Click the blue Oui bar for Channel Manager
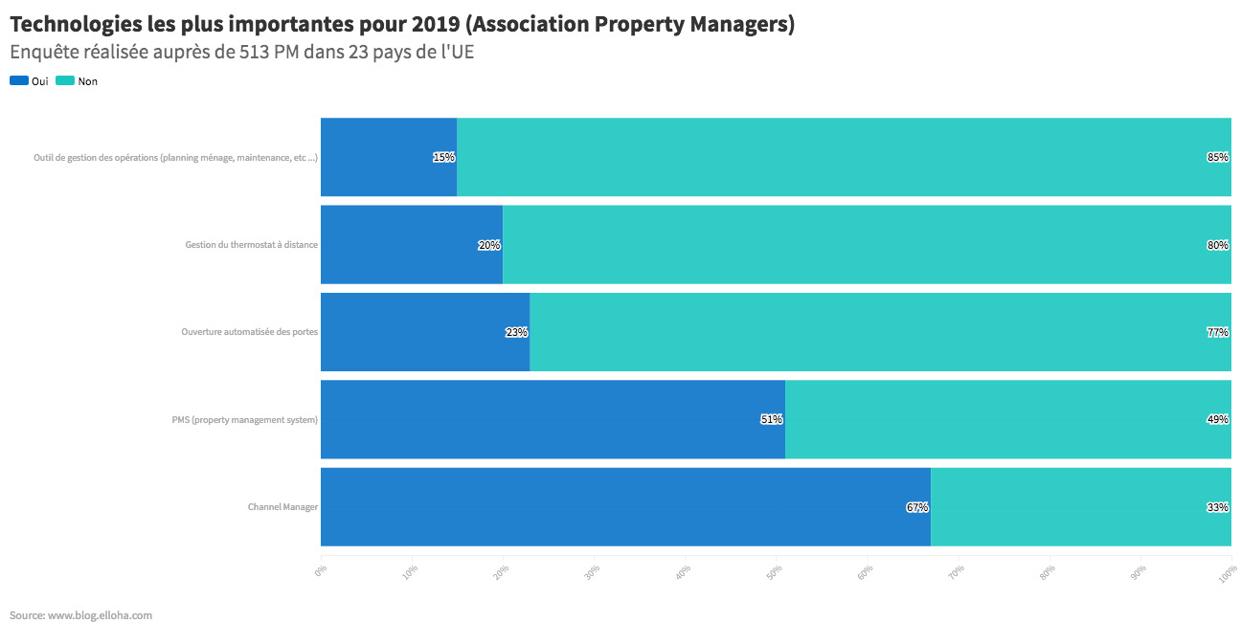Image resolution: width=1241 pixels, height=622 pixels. pos(625,507)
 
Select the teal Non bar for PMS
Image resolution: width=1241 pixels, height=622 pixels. pos(1007,419)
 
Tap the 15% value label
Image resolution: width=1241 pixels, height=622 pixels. pos(443,157)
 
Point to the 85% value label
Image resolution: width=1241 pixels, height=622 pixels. pos(1218,157)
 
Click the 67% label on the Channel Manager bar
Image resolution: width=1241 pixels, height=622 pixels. pos(917,507)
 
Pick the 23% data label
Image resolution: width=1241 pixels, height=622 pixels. pos(516,332)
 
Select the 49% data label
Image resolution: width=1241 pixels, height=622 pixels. pos(1218,419)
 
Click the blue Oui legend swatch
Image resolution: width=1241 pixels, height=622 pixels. pos(19,80)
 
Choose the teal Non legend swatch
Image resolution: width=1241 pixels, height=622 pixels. pos(65,80)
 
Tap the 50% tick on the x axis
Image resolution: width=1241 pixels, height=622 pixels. pos(774,572)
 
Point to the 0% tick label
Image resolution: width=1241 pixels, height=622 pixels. pos(320,571)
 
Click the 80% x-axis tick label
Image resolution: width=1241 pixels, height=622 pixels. pos(1048,572)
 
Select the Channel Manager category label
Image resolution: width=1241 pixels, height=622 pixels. pos(282,507)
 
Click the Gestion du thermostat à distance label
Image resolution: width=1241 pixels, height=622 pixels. pos(252,245)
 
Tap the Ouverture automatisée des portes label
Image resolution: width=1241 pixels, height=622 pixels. pos(249,332)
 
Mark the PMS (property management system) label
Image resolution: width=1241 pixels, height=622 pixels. pos(245,420)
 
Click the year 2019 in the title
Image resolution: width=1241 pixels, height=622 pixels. pos(436,24)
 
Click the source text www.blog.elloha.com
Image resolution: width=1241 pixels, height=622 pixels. pos(100,615)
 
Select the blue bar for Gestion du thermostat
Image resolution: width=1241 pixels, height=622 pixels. pos(412,245)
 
